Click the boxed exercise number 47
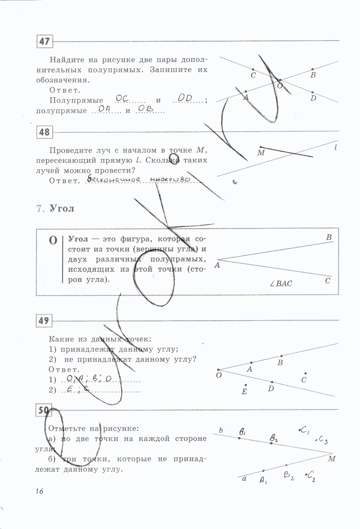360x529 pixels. click(x=45, y=41)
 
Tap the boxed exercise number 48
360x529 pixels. click(x=45, y=132)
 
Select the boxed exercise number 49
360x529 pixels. click(x=44, y=320)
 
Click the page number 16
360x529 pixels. click(x=39, y=490)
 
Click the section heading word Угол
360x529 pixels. click(x=62, y=209)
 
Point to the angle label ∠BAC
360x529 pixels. click(x=281, y=283)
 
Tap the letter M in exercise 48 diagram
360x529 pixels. click(x=261, y=153)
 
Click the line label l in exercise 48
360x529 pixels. click(x=336, y=147)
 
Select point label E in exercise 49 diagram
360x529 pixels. click(x=244, y=391)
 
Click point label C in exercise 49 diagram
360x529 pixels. click(x=304, y=380)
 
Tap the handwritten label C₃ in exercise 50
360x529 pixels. click(x=323, y=440)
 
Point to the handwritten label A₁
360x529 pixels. click(x=263, y=480)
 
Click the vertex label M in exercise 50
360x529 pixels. click(x=332, y=459)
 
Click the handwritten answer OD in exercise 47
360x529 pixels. click(x=185, y=98)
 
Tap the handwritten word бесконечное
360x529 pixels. click(x=112, y=179)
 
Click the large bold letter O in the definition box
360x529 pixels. click(x=53, y=240)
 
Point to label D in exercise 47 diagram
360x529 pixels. click(x=313, y=98)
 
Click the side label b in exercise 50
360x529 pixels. click(x=221, y=430)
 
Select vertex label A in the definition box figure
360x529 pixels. click(x=217, y=265)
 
